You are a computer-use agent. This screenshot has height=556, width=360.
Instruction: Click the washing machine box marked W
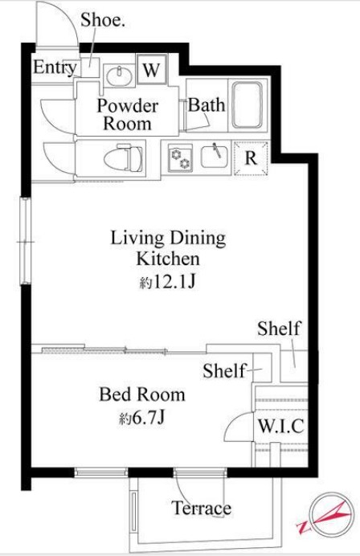point(152,69)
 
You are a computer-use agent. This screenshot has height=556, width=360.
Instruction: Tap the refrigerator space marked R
point(251,158)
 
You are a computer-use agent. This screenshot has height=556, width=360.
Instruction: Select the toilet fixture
point(124,157)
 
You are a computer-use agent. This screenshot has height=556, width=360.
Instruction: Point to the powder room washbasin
point(120,76)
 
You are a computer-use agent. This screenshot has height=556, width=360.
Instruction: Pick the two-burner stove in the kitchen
point(180,158)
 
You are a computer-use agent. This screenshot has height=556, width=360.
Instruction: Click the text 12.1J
point(174,282)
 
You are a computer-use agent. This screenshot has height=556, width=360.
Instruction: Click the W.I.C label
point(281,426)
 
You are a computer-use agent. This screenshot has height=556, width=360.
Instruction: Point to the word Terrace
point(202,508)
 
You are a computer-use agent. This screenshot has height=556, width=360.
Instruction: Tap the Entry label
point(55,67)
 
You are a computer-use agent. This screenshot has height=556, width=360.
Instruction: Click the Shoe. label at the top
point(103,20)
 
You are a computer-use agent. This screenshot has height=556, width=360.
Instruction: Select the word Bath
point(207,105)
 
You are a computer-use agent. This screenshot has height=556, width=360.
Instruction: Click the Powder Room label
point(128,115)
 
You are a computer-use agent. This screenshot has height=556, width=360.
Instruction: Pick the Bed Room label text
point(142,395)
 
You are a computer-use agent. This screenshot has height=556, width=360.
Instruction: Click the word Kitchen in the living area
point(168,259)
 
